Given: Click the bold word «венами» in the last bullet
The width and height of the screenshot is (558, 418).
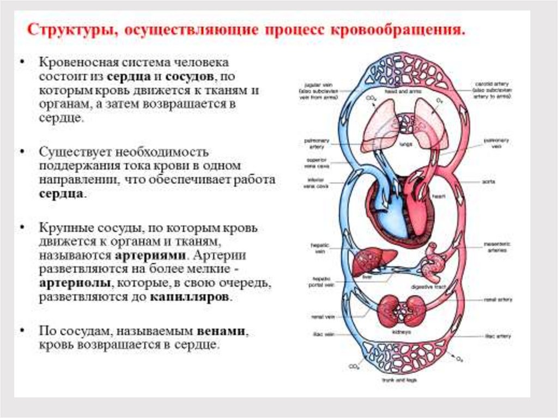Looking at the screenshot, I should coord(223,331).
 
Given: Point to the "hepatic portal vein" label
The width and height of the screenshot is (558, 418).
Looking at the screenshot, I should coord(316,280).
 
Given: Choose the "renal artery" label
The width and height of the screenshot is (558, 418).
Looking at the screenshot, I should coord(498,300).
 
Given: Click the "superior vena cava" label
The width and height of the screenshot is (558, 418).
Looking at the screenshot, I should coord(316,163).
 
